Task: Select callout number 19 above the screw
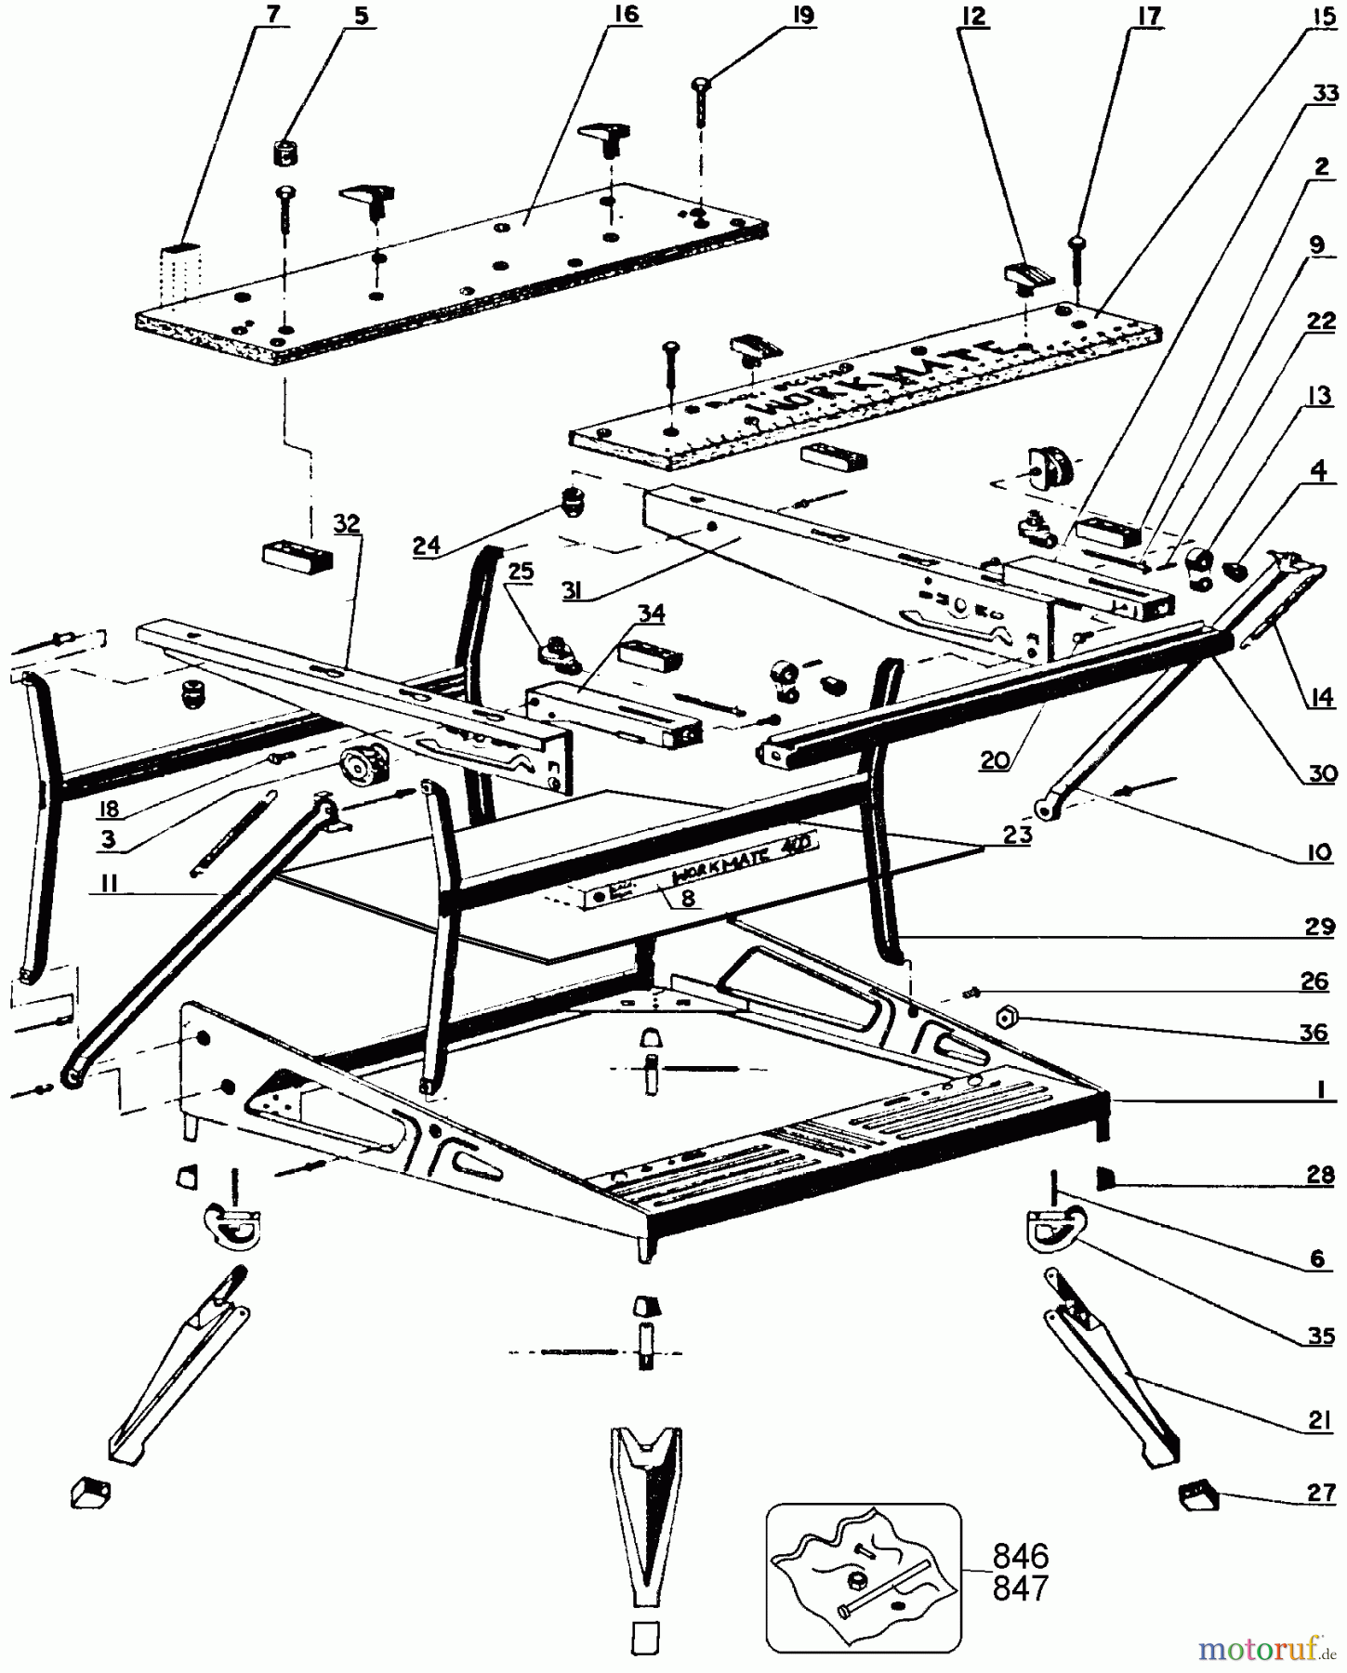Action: (803, 16)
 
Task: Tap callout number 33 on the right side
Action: (1325, 95)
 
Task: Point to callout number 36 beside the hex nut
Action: (1314, 1033)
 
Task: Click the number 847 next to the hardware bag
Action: (1021, 1588)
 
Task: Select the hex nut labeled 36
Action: (1004, 1018)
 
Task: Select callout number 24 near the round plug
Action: (427, 546)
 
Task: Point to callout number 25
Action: (521, 571)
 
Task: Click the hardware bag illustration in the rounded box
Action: (862, 1577)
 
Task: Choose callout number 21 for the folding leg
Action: (1321, 1419)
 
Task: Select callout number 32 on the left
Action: (346, 523)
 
